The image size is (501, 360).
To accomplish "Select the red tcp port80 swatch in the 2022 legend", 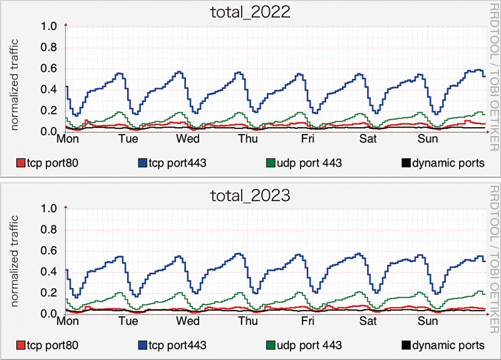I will [21, 163].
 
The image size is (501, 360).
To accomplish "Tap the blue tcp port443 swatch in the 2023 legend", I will [142, 346].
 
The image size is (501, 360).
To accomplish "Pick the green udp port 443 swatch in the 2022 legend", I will [271, 163].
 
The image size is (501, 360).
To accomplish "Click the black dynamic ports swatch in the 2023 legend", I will [405, 346].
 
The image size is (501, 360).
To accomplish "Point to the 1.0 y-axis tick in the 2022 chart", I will [48, 26].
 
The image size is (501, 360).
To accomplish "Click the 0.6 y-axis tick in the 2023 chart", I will [48, 251].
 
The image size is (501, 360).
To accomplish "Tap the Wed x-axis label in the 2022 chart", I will [188, 139].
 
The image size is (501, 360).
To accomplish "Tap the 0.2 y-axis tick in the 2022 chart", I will [48, 111].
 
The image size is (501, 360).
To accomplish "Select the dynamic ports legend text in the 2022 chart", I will [448, 163].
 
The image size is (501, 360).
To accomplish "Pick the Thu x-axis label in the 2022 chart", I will [248, 139].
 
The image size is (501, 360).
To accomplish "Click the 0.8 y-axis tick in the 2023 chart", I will [48, 230].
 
